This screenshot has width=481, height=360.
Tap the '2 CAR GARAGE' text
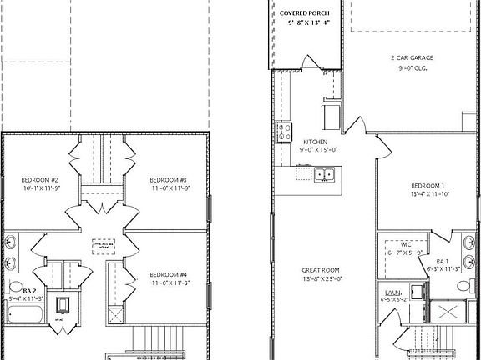pos(412,57)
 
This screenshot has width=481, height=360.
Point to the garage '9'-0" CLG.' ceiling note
pos(412,68)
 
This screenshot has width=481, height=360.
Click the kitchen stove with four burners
pos(284,132)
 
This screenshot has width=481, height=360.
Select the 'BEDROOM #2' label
pos(39,179)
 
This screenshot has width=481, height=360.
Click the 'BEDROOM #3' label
pos(168,179)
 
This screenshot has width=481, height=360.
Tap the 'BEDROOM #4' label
pos(168,274)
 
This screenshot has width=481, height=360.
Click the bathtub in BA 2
pos(24,314)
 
